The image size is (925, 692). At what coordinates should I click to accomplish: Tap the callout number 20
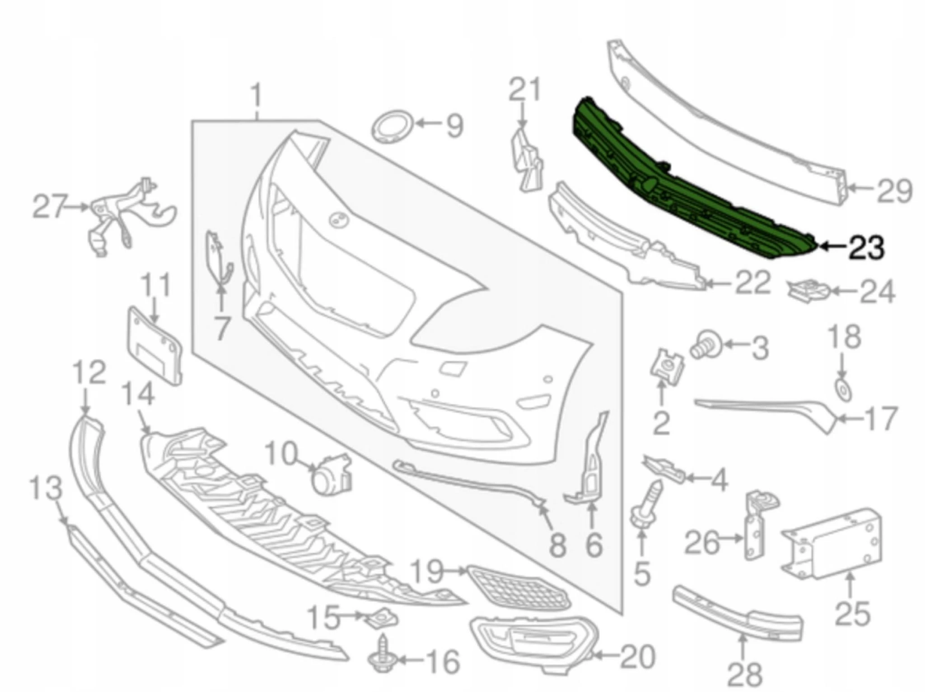(637, 657)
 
